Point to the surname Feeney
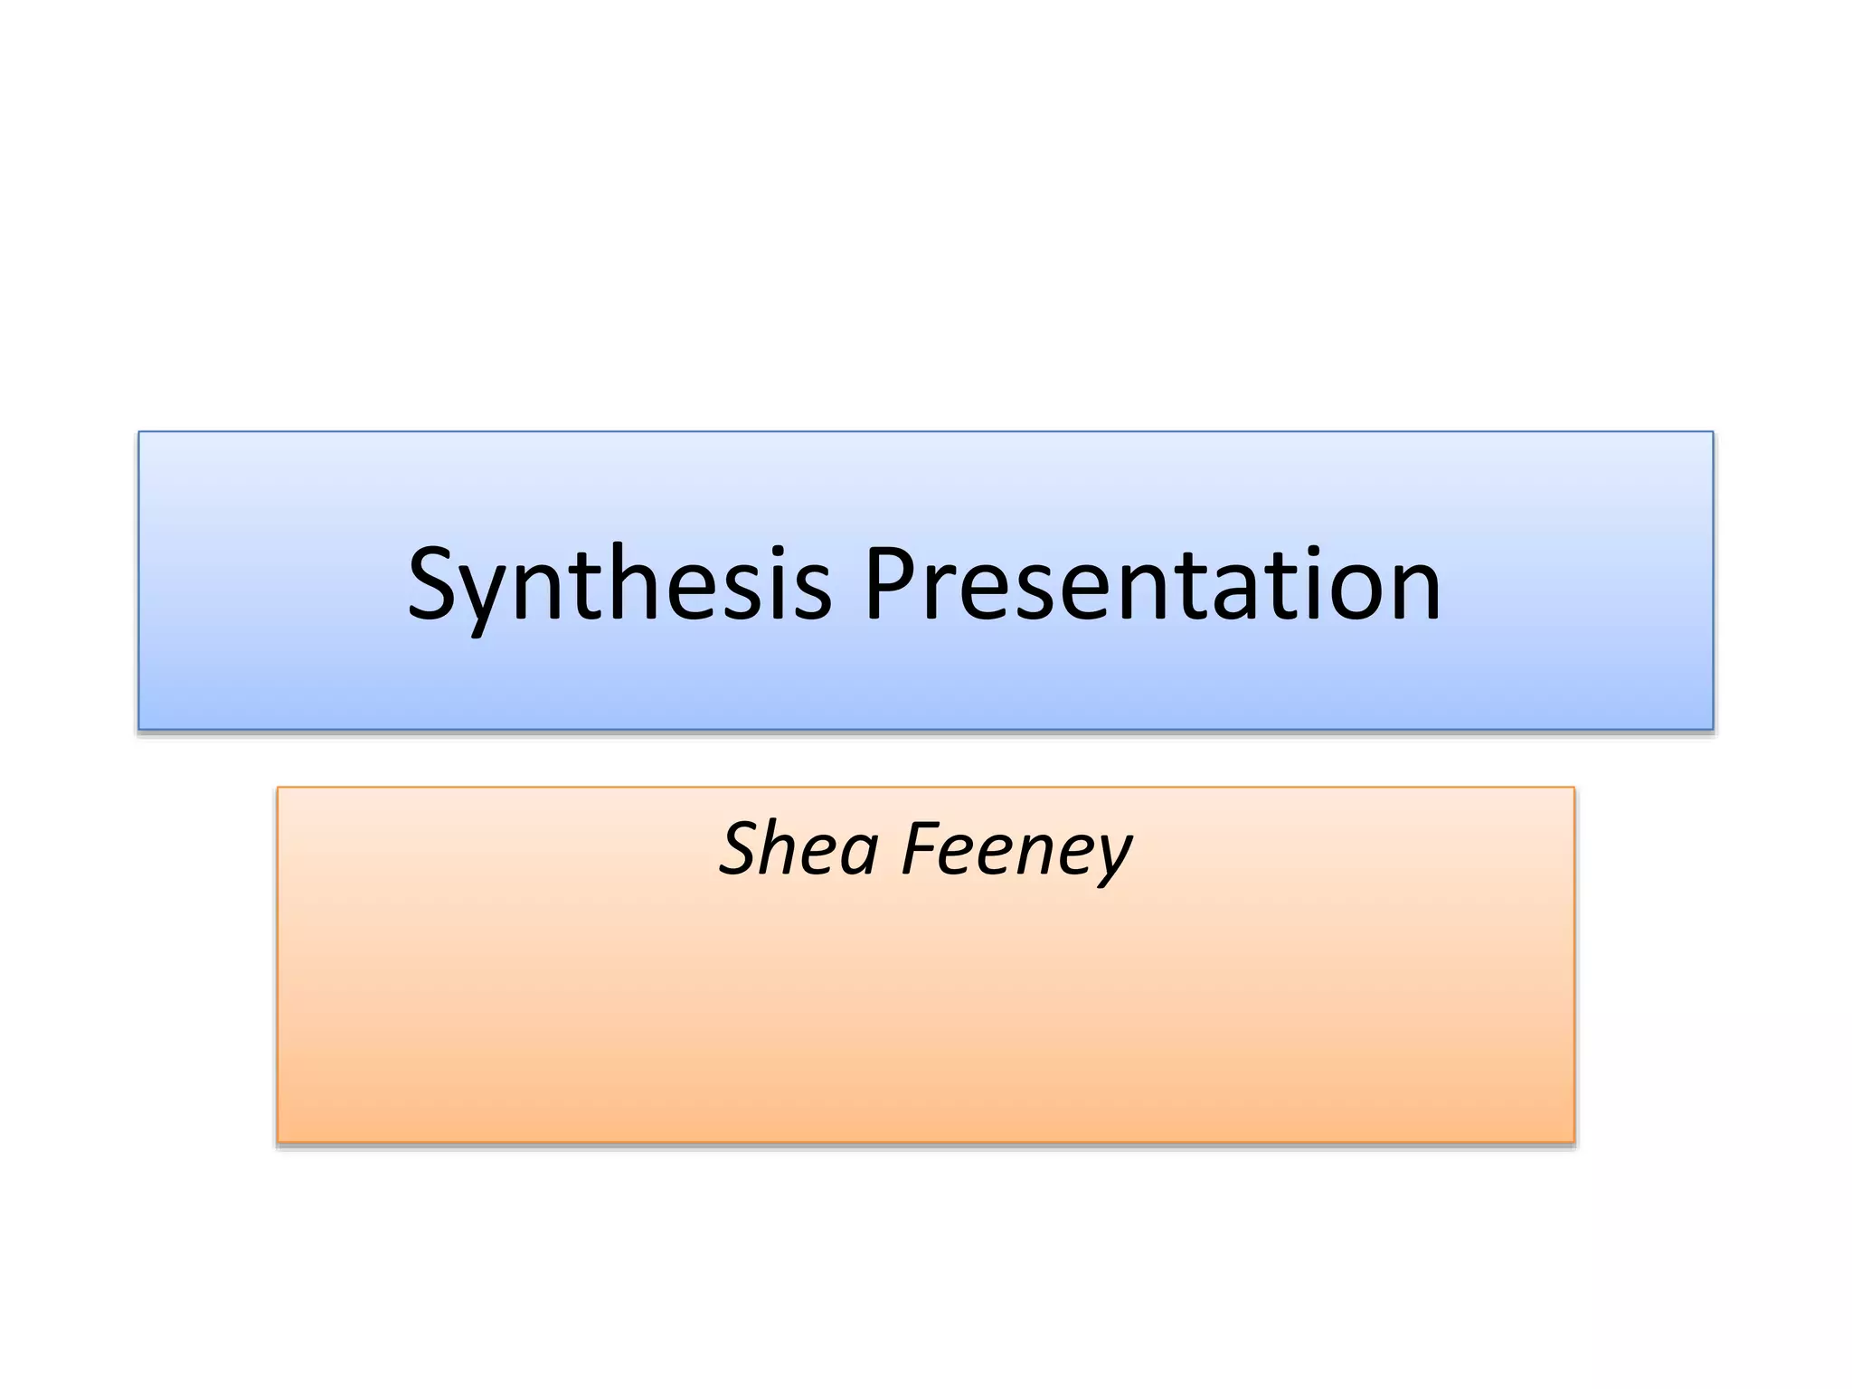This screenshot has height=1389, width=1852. pyautogui.click(x=1016, y=850)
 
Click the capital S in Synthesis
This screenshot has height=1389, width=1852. pyautogui.click(x=435, y=584)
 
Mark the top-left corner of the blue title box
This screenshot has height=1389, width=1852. pyautogui.click(x=139, y=432)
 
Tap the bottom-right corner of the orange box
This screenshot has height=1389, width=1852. pyautogui.click(x=1574, y=1142)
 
